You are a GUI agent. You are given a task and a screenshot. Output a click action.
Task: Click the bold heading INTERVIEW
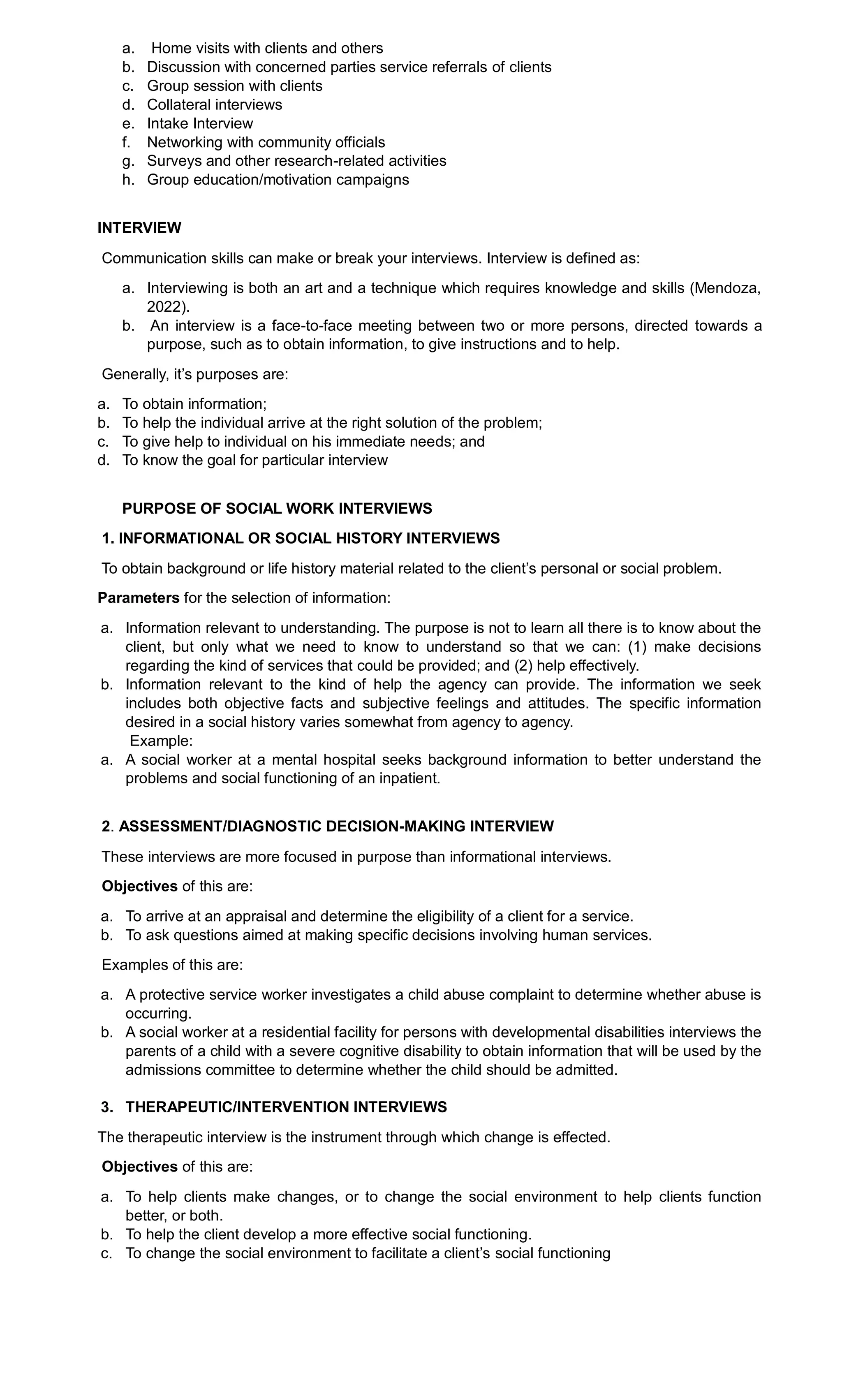(139, 228)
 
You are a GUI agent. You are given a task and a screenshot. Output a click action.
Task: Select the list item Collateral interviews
(215, 105)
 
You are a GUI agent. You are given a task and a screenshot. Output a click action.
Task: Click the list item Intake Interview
(200, 123)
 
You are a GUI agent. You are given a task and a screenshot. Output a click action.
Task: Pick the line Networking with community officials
(266, 142)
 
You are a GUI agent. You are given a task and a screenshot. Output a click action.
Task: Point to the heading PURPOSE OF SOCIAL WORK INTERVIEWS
(277, 508)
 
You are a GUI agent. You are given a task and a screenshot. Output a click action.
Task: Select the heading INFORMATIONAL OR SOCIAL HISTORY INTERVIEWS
(308, 538)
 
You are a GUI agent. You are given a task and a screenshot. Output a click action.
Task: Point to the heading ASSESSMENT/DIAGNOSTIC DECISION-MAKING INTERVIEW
(336, 827)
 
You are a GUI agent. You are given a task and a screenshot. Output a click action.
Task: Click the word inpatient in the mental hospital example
(410, 778)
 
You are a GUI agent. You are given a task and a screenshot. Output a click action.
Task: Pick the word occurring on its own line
(158, 1014)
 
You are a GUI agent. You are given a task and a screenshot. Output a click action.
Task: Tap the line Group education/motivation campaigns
(278, 180)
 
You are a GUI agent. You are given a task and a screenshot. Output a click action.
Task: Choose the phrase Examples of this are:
(172, 965)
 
